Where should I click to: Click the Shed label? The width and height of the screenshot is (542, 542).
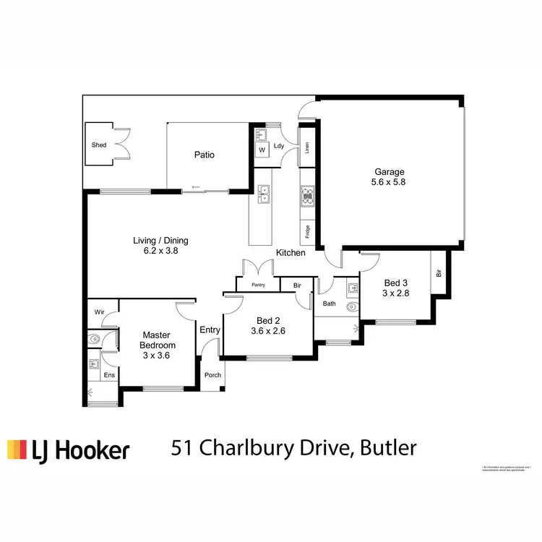(x=99, y=145)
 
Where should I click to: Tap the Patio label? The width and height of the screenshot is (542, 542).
(x=205, y=155)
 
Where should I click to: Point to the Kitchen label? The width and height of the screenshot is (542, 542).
(x=291, y=253)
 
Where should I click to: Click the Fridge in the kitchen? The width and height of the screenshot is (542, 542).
(x=308, y=232)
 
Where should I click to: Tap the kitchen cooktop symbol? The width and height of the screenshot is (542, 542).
(x=308, y=195)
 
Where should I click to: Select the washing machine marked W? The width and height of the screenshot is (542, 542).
(x=261, y=150)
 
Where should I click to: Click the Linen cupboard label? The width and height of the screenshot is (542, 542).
(x=307, y=147)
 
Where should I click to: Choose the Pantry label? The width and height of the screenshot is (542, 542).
(x=258, y=285)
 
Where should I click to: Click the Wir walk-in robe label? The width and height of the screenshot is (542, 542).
(x=99, y=313)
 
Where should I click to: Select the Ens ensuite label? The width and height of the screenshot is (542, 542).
(x=109, y=375)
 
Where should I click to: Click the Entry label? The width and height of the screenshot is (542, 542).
(x=210, y=330)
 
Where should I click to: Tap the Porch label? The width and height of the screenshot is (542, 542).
(x=213, y=374)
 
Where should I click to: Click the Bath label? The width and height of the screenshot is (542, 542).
(x=330, y=304)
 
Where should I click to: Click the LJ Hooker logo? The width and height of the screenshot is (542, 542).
(x=68, y=449)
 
